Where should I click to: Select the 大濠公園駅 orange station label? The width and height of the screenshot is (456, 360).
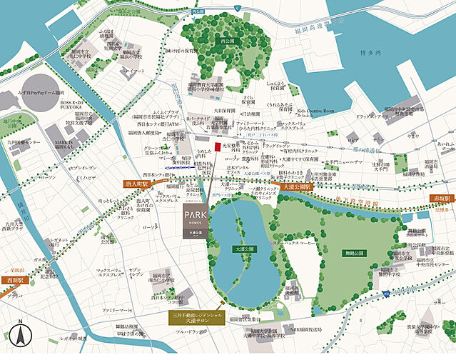(297, 186)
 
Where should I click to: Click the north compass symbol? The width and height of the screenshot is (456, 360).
(22, 334)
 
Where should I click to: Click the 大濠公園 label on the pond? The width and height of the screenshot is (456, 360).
(246, 249)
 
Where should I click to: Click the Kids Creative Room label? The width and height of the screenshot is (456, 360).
(316, 111)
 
